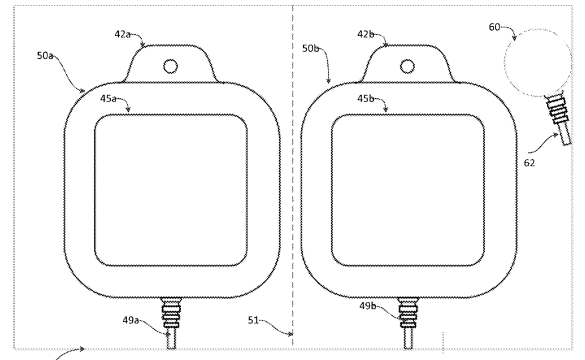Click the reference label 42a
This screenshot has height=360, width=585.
click(122, 34)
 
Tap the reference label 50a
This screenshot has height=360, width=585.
click(45, 55)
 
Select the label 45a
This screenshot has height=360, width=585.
click(108, 98)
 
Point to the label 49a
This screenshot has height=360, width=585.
click(131, 320)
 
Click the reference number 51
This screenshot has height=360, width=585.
click(253, 320)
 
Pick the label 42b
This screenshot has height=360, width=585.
click(366, 34)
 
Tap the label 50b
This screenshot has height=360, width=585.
click(311, 48)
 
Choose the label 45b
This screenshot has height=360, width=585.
click(366, 98)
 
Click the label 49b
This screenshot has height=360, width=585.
click(367, 306)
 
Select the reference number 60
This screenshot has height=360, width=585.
click(494, 27)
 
